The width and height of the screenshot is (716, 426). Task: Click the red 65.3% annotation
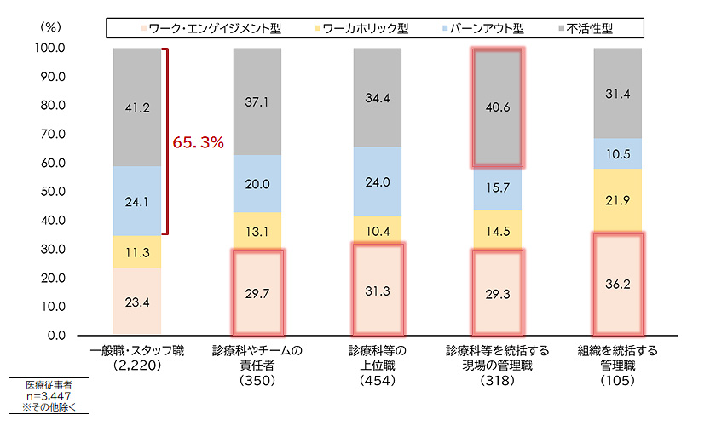(198, 142)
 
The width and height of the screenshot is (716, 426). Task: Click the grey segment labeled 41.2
(136, 107)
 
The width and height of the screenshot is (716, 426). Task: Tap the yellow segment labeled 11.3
(136, 251)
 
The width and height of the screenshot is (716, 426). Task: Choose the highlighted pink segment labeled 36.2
(617, 284)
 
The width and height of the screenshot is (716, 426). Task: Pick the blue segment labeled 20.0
(257, 183)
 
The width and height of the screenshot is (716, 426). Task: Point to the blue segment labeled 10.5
(617, 153)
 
